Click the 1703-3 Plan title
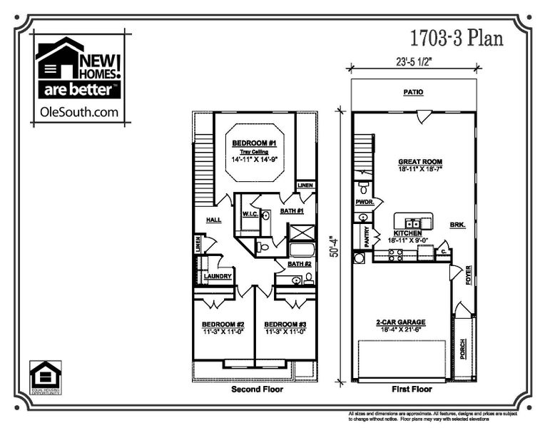(457, 38)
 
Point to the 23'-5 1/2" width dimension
(412, 61)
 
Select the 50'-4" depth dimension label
(334, 243)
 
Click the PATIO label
(413, 92)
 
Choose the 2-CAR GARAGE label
(402, 322)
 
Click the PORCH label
(464, 348)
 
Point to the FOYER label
(469, 275)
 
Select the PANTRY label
(367, 236)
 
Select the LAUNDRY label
(218, 276)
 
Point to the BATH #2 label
(300, 264)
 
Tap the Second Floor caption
(257, 390)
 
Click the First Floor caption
(412, 390)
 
